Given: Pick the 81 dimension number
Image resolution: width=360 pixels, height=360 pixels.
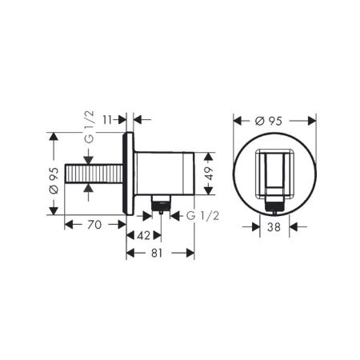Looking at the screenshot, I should [x=161, y=254].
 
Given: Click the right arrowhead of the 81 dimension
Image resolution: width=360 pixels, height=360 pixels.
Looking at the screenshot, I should [x=191, y=254].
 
